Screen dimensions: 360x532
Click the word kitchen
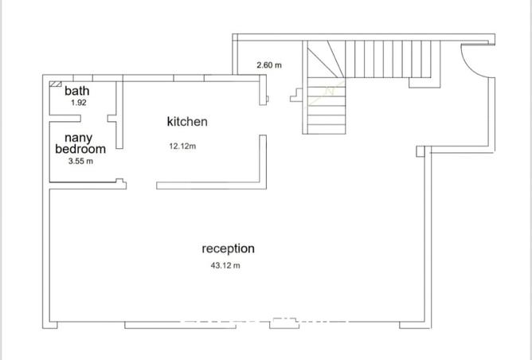coord(187,122)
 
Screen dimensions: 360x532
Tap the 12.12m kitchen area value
coord(183,146)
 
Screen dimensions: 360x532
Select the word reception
coord(229,248)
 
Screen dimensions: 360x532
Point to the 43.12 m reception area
coord(225,265)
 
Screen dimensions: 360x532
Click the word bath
coord(77,91)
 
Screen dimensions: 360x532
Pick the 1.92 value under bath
coord(77,103)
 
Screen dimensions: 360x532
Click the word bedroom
coord(80,149)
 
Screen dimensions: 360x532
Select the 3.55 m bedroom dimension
coord(81,161)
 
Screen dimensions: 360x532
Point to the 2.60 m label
coord(269,65)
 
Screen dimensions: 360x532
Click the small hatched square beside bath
coord(57,83)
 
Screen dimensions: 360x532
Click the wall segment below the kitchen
coord(210,186)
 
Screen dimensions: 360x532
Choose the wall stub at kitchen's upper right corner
coord(264,92)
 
